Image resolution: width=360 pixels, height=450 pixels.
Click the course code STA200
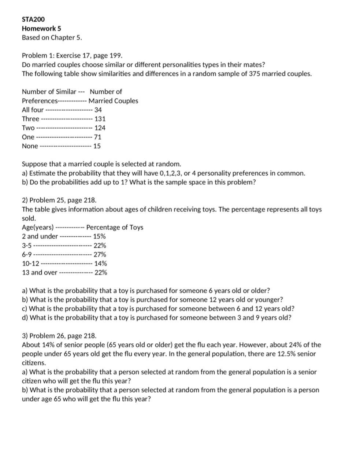click(33, 19)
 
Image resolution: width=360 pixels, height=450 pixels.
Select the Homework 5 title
click(41, 28)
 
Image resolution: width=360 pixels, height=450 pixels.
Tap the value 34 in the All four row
click(98, 110)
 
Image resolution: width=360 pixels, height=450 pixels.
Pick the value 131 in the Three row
click(100, 119)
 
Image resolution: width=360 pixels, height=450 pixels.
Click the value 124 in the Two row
click(100, 128)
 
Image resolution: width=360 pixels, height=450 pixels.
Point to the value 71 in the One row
click(98, 137)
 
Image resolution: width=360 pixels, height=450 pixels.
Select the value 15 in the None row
click(97, 146)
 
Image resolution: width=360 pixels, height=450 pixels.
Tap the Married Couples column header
click(114, 101)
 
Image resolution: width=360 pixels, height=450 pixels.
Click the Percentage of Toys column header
click(115, 227)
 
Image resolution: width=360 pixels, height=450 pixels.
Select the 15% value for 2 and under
click(100, 236)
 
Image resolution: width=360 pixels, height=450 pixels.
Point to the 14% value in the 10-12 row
click(101, 263)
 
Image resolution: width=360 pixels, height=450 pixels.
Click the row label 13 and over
click(40, 273)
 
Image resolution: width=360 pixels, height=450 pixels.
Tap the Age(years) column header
click(38, 227)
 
